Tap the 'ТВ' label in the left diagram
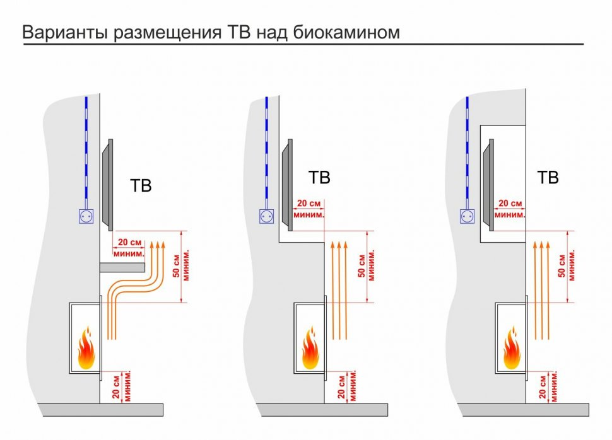pos(141,187)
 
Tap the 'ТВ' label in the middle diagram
pos(319,178)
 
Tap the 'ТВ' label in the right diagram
pos(548,178)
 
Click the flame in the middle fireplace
pos(310,349)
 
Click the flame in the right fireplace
pos(511,350)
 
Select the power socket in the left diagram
pos(85,216)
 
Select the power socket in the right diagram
pos(468,216)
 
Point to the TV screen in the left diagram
pos(107,183)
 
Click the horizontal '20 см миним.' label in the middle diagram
pos(310,209)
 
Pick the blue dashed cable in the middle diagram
pos(267,151)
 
